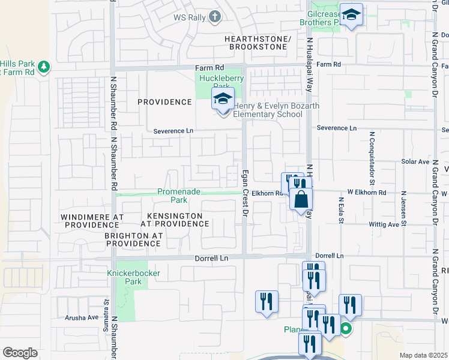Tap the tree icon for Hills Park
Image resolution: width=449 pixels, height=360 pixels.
pyautogui.click(x=44, y=67)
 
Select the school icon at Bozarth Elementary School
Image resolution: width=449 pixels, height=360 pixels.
pyautogui.click(x=223, y=100)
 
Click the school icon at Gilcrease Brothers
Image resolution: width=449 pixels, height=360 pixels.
pyautogui.click(x=352, y=17)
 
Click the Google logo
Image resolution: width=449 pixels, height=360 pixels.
pyautogui.click(x=20, y=352)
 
